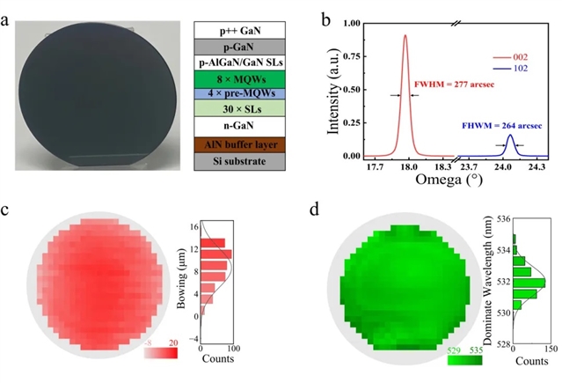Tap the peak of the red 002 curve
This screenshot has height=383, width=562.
pyautogui.click(x=405, y=36)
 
